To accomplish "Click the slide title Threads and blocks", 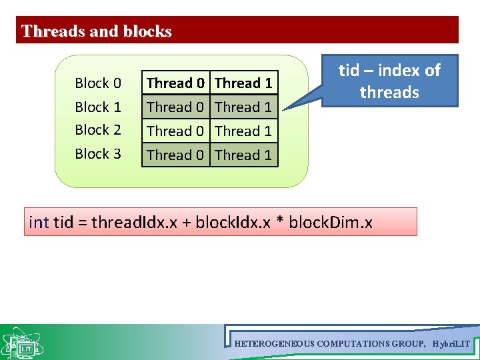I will click(x=97, y=31).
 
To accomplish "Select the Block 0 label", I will click(x=98, y=83).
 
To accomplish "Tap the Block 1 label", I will click(x=98, y=107).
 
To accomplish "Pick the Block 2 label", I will click(x=98, y=130).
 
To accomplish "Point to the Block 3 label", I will click(x=98, y=154).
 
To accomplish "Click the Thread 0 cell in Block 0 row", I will click(x=175, y=83).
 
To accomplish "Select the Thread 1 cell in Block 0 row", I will click(x=243, y=83).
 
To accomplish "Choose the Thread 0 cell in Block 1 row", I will click(x=175, y=107).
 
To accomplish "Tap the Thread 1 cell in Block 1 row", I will click(x=243, y=107).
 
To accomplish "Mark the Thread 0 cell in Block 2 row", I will click(x=175, y=131).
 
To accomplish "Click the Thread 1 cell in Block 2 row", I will click(x=243, y=131).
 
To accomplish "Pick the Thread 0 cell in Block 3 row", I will click(x=175, y=155).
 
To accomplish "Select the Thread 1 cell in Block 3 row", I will click(x=243, y=155).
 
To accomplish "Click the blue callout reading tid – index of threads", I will click(x=389, y=81).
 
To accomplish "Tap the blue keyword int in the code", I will click(x=39, y=222).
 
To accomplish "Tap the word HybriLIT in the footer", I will click(x=451, y=344).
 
